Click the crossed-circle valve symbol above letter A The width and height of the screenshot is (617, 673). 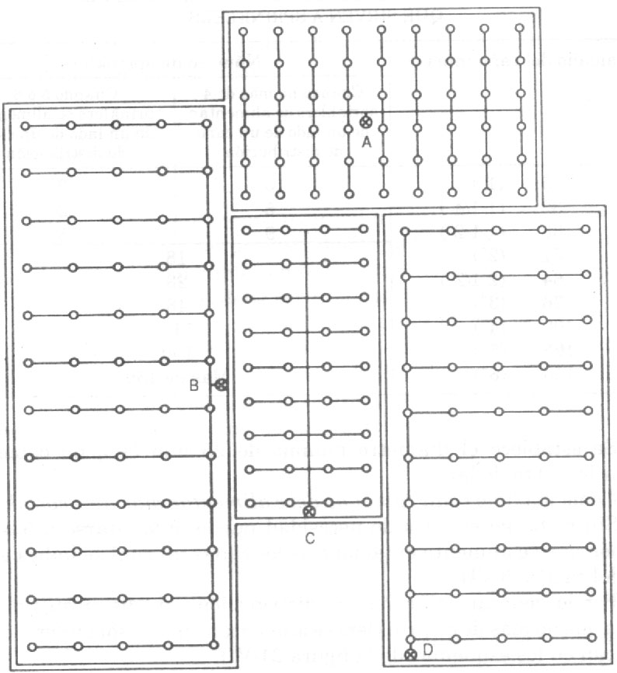click(x=365, y=122)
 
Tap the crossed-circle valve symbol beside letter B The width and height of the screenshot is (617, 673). click(x=221, y=385)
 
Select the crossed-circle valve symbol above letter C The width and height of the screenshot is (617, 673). click(x=309, y=511)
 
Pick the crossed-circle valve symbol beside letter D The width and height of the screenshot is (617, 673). click(x=410, y=654)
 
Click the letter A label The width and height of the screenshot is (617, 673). click(x=366, y=142)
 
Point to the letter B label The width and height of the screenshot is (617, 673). click(x=194, y=386)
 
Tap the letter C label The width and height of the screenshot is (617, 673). click(x=310, y=538)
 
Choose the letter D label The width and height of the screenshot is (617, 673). click(x=427, y=650)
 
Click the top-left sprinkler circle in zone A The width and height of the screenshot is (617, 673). click(x=243, y=31)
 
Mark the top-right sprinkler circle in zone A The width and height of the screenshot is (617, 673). click(x=520, y=28)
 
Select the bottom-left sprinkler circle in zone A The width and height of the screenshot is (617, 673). click(x=246, y=195)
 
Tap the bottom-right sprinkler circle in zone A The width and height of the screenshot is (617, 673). click(x=522, y=192)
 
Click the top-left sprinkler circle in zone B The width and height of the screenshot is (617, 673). click(x=26, y=126)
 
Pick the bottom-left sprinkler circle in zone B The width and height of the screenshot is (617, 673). click(x=32, y=647)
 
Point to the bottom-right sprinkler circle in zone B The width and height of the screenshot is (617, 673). click(x=214, y=645)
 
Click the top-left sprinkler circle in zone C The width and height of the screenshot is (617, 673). click(x=246, y=231)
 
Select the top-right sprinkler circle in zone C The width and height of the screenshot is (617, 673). click(x=364, y=229)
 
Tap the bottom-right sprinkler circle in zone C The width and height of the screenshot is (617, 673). click(x=367, y=501)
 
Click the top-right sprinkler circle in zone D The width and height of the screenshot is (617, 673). click(x=586, y=229)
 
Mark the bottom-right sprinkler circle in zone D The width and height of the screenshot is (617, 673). click(x=592, y=637)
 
